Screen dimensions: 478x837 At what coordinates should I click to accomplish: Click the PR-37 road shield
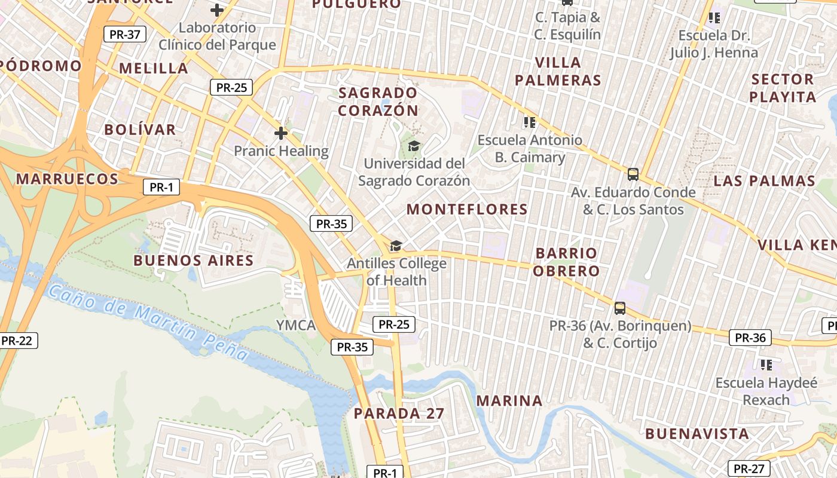pyautogui.click(x=125, y=34)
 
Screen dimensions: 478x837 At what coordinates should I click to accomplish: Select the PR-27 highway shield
pyautogui.click(x=749, y=468)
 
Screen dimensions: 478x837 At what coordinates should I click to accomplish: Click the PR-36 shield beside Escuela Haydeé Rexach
pyautogui.click(x=750, y=338)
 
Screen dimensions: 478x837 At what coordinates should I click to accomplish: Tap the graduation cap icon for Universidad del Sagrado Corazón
pyautogui.click(x=414, y=146)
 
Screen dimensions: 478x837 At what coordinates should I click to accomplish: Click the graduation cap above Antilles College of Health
pyautogui.click(x=396, y=246)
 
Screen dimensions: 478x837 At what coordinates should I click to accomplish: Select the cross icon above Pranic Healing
pyautogui.click(x=281, y=133)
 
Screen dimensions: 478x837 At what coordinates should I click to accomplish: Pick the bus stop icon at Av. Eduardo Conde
pyautogui.click(x=633, y=174)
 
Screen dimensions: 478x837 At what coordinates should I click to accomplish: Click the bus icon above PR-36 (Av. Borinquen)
pyautogui.click(x=620, y=308)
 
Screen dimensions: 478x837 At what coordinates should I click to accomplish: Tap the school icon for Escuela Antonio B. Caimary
pyautogui.click(x=529, y=122)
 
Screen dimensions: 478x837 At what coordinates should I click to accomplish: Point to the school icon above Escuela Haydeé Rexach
pyautogui.click(x=766, y=364)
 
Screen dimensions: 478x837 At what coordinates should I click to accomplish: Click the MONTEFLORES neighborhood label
pyautogui.click(x=467, y=209)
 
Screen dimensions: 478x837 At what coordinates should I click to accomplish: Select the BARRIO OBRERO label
pyautogui.click(x=566, y=262)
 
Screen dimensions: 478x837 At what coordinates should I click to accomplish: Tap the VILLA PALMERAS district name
pyautogui.click(x=558, y=71)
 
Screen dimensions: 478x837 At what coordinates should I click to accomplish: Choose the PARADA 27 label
pyautogui.click(x=399, y=413)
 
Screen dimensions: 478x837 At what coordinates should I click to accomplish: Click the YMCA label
pyautogui.click(x=295, y=325)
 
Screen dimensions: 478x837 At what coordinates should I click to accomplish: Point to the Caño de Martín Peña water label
pyautogui.click(x=148, y=323)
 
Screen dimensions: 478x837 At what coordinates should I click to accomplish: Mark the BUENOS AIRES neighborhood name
pyautogui.click(x=193, y=261)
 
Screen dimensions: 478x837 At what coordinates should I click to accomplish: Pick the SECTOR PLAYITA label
pyautogui.click(x=782, y=88)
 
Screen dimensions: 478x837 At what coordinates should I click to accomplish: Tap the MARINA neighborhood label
pyautogui.click(x=509, y=400)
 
